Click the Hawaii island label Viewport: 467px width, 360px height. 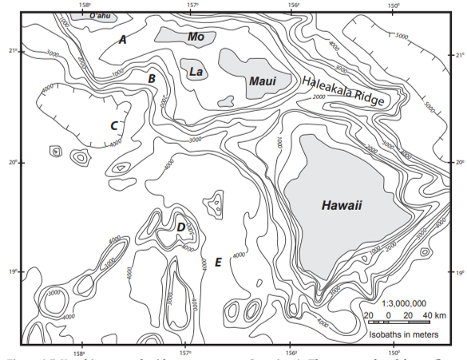tap(342, 206)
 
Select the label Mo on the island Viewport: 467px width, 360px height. tap(196, 36)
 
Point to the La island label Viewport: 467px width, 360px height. tap(196, 72)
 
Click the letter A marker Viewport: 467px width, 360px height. tap(122, 39)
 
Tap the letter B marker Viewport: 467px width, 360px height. tap(151, 78)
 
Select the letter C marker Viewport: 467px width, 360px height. tap(114, 125)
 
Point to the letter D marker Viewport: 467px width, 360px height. tap(181, 228)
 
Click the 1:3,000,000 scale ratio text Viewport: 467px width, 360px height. tap(404, 303)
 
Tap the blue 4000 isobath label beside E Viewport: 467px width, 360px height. tap(238, 255)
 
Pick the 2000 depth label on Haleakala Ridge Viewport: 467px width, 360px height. tap(321, 97)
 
